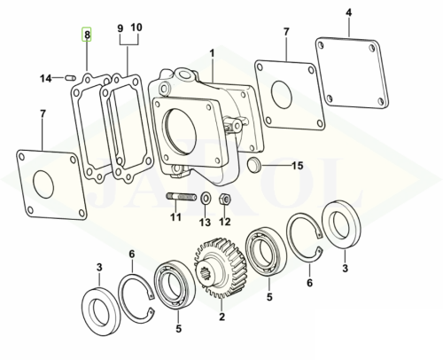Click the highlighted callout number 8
pos(87,35)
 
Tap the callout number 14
pos(46,79)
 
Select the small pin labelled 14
pos(71,78)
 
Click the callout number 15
pos(298,166)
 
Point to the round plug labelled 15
pos(253,165)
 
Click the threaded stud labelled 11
pos(182,196)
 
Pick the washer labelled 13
pos(206,197)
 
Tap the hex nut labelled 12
pos(225,200)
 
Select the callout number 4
pos(349,13)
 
